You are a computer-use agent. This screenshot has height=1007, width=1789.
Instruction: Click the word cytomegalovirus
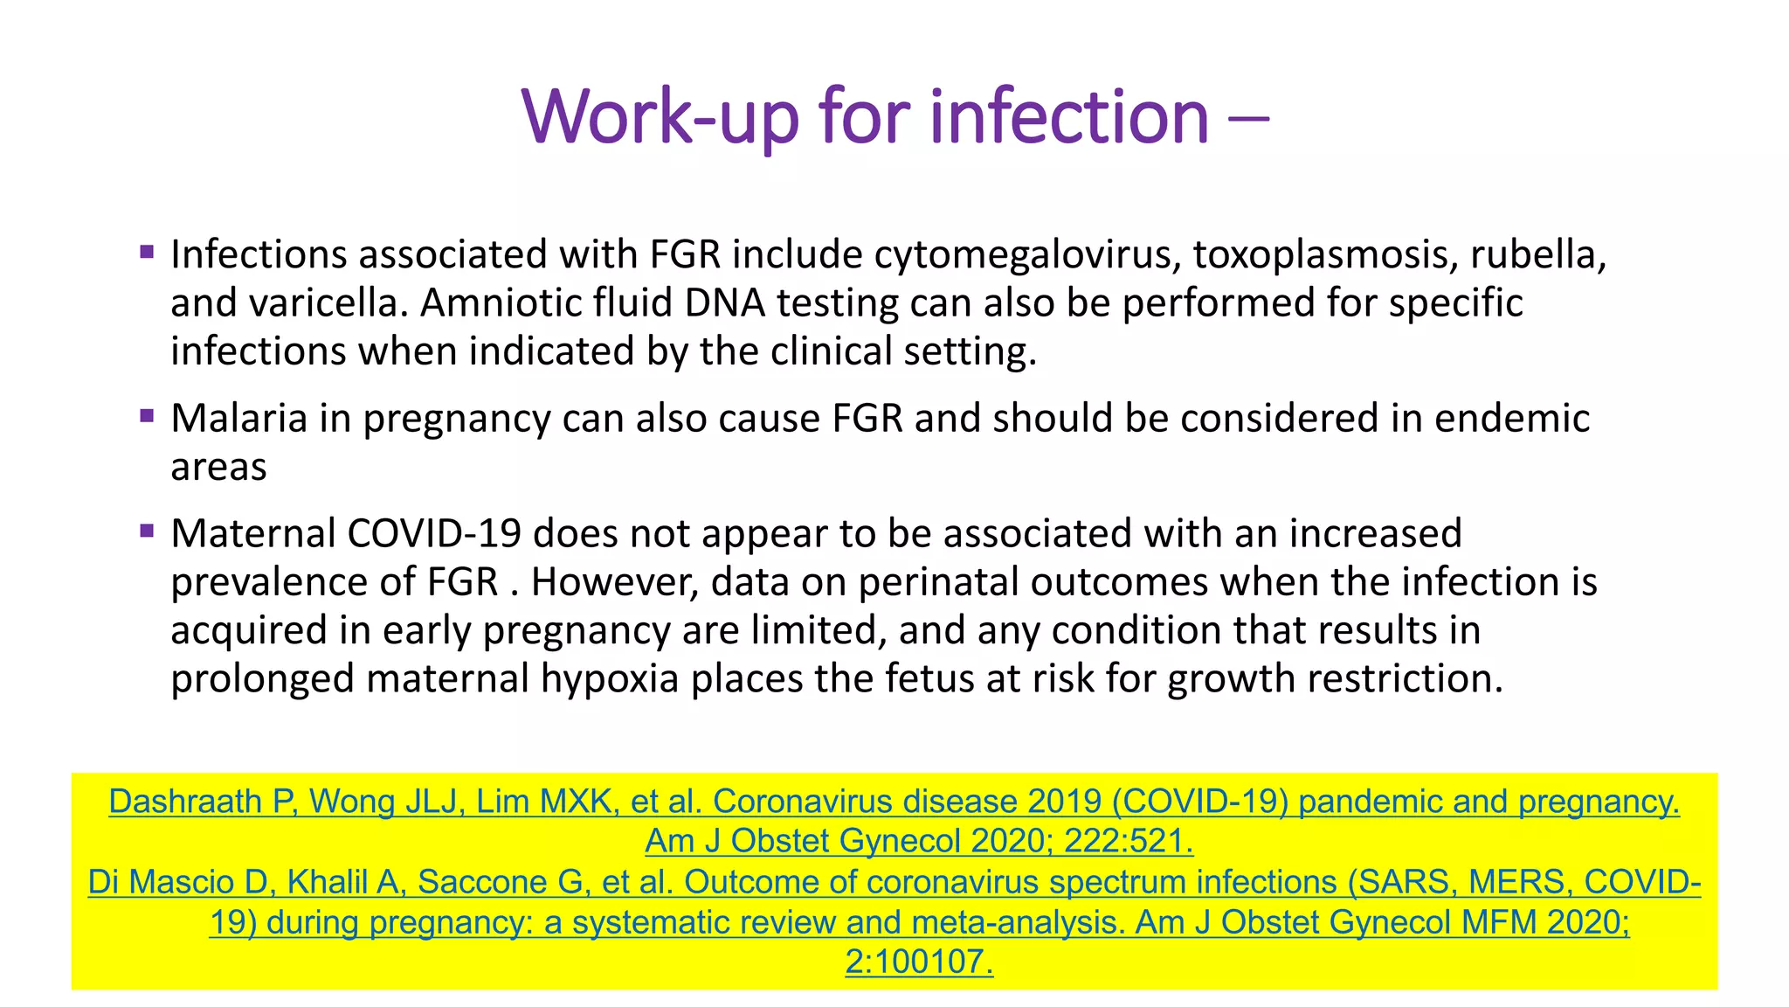(x=1027, y=254)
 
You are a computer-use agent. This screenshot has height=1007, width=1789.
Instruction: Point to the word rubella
(x=1537, y=254)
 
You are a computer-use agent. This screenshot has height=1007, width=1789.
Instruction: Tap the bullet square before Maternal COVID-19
(x=147, y=530)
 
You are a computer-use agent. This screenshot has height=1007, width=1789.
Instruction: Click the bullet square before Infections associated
(x=147, y=253)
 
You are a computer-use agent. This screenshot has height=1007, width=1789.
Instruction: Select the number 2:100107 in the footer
(x=919, y=962)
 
